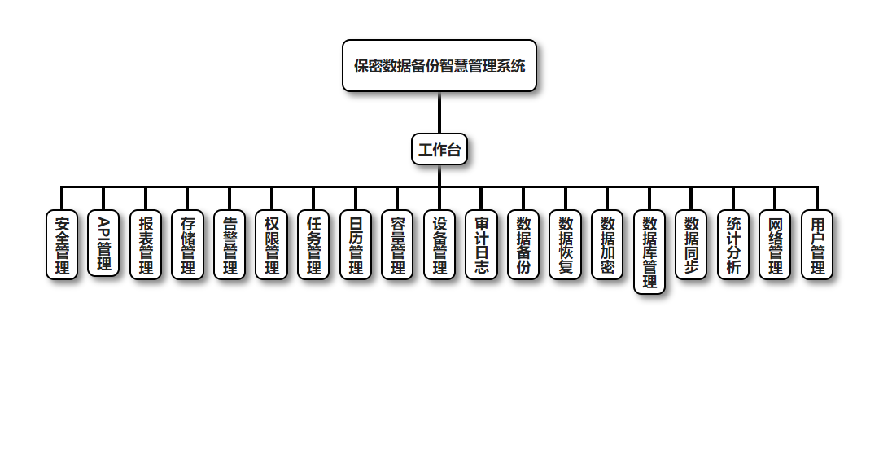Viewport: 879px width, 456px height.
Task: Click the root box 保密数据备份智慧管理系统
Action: [439, 66]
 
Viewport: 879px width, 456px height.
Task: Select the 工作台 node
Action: [439, 150]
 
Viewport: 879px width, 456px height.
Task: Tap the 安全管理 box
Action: [62, 245]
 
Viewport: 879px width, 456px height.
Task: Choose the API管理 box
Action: [103, 243]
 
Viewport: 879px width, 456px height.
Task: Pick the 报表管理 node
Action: [146, 245]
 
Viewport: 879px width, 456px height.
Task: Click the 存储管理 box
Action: [188, 245]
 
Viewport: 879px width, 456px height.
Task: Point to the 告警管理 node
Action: [230, 245]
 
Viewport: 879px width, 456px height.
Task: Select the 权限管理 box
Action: [272, 245]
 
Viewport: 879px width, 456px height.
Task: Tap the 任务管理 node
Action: [313, 245]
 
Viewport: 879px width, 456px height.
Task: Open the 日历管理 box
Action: [356, 245]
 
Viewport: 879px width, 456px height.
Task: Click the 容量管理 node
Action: [398, 245]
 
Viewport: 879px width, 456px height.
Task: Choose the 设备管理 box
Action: [439, 245]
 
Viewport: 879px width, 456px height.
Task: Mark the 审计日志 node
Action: [482, 245]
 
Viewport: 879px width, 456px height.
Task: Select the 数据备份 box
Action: [523, 245]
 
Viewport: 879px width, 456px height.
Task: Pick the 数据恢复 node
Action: [566, 245]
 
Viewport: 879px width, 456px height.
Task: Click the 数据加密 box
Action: [607, 245]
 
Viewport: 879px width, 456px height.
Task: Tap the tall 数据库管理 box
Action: [649, 252]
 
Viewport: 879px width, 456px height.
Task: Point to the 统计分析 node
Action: [733, 245]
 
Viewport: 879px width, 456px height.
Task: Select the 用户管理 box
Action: [817, 245]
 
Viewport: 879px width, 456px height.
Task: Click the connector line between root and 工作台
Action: [439, 113]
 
